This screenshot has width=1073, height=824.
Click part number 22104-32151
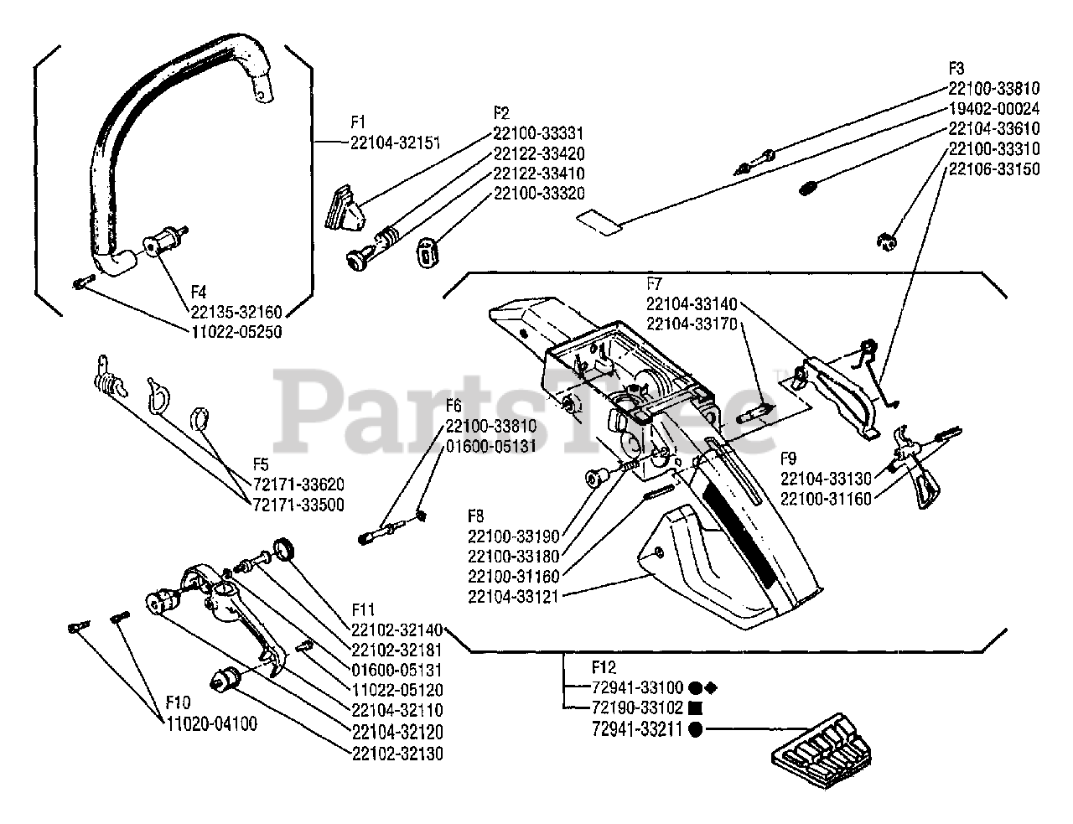coord(395,143)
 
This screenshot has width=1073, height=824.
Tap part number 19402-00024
coord(994,109)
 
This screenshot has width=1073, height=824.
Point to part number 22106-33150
coord(994,168)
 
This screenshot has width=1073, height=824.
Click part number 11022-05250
coord(236,331)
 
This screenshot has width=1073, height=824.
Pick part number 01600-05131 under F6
coord(490,446)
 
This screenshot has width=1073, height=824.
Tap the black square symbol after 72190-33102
coord(696,707)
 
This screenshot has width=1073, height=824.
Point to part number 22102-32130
coord(398,753)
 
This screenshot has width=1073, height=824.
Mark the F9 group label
coord(790,459)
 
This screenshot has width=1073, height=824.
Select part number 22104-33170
coord(691,323)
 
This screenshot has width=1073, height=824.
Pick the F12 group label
coord(603,667)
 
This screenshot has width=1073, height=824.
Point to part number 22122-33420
coord(538,153)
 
